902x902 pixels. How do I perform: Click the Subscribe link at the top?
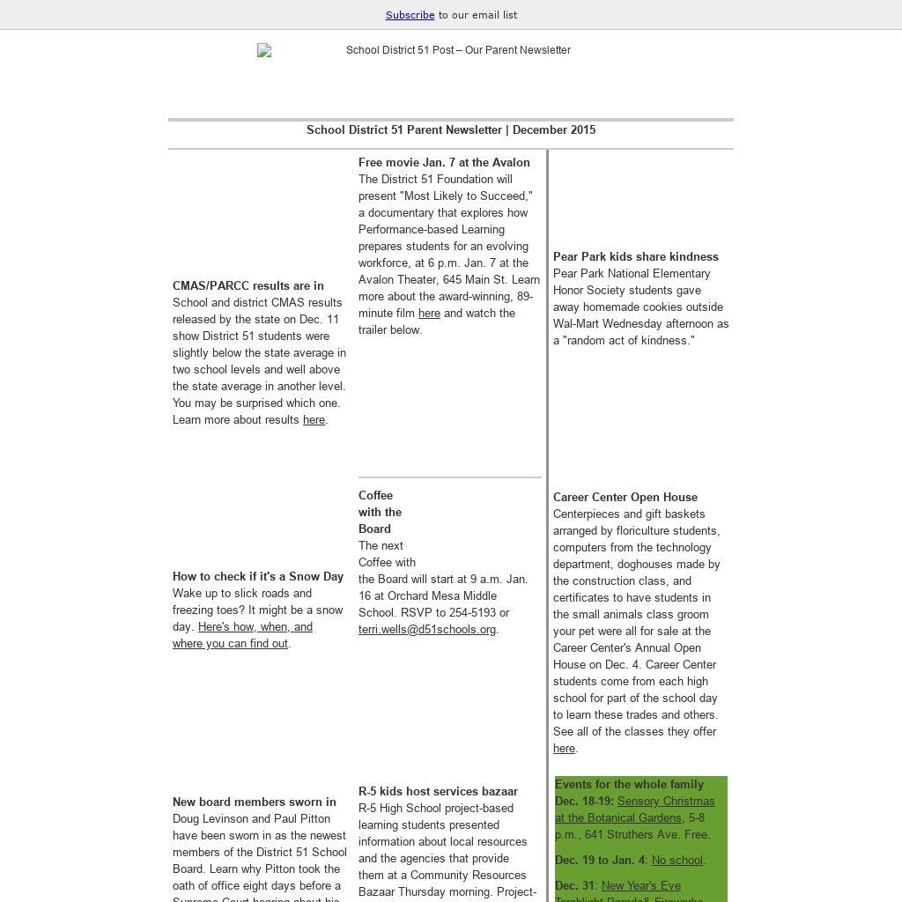coord(410,15)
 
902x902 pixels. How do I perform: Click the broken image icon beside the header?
coord(264,51)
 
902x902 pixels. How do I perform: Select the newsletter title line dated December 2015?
coord(451,130)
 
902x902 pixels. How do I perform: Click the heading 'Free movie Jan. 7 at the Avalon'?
coord(444,163)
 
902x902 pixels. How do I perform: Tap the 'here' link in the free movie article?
coord(429,314)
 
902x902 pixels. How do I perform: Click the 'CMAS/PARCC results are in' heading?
coord(248,286)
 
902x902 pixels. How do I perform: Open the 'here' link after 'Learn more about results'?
coord(314,420)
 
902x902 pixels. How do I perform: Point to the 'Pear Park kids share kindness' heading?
coord(636,257)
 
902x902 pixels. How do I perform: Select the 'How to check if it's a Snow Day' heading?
coord(258,577)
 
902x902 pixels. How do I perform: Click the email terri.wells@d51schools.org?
coord(427,630)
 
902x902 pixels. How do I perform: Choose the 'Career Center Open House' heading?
coord(625,498)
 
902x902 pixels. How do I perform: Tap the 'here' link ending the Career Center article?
coord(564,749)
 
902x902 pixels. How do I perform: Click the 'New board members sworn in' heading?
coord(255,802)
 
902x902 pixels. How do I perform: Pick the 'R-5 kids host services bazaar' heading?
coord(438,792)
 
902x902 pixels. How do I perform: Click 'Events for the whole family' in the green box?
coord(629,785)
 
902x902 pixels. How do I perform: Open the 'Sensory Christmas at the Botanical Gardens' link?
coord(666,802)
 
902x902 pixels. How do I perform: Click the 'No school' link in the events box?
coord(677,861)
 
